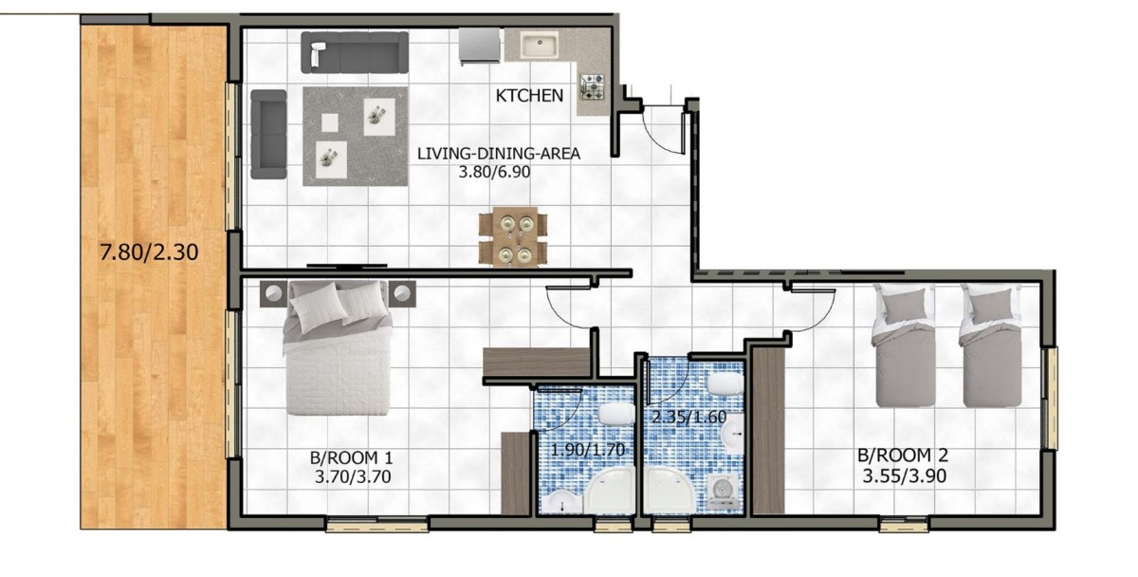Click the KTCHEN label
(529, 96)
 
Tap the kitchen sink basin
(539, 45)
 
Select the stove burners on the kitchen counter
(593, 86)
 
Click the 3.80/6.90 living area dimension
(494, 172)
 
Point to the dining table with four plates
(513, 236)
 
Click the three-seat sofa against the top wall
(355, 52)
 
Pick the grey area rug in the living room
(356, 137)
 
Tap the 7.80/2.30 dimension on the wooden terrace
(149, 252)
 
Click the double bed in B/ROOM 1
(337, 347)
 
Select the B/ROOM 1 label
(351, 458)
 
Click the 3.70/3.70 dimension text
(353, 476)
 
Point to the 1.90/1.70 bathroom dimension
(588, 450)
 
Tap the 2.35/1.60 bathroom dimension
(688, 417)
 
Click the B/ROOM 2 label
(903, 455)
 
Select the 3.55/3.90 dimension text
(905, 476)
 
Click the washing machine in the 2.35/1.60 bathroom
(722, 490)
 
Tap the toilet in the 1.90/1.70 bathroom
(615, 414)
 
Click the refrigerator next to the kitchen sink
(480, 46)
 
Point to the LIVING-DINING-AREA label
(499, 154)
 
